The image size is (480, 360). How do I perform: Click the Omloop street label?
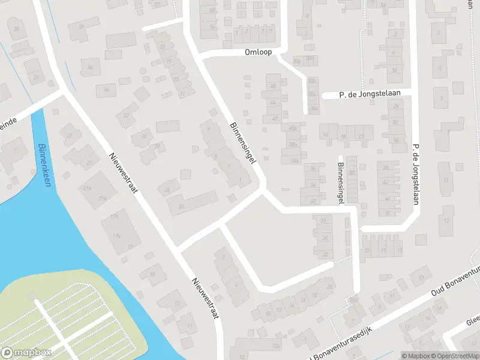point(259,52)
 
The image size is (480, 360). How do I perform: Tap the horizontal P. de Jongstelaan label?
point(366,94)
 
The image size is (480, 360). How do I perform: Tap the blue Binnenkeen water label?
point(44,165)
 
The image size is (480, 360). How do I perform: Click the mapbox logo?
point(26,353)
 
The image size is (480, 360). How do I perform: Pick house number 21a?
point(88,188)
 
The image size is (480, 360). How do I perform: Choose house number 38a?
point(293,145)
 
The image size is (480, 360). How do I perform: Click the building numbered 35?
point(17,29)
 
